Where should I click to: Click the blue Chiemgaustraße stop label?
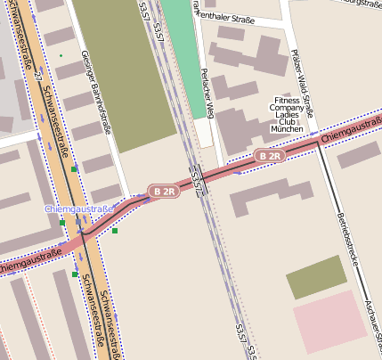click(x=79, y=209)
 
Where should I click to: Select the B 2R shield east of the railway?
click(x=269, y=156)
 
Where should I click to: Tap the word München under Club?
click(x=287, y=129)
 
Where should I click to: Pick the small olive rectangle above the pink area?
click(x=316, y=276)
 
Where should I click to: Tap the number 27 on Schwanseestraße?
click(x=37, y=73)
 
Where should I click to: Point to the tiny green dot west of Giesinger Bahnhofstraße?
click(x=61, y=56)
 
